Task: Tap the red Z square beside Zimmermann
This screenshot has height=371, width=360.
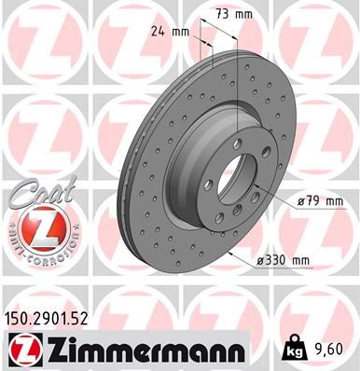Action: (x=26, y=349)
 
